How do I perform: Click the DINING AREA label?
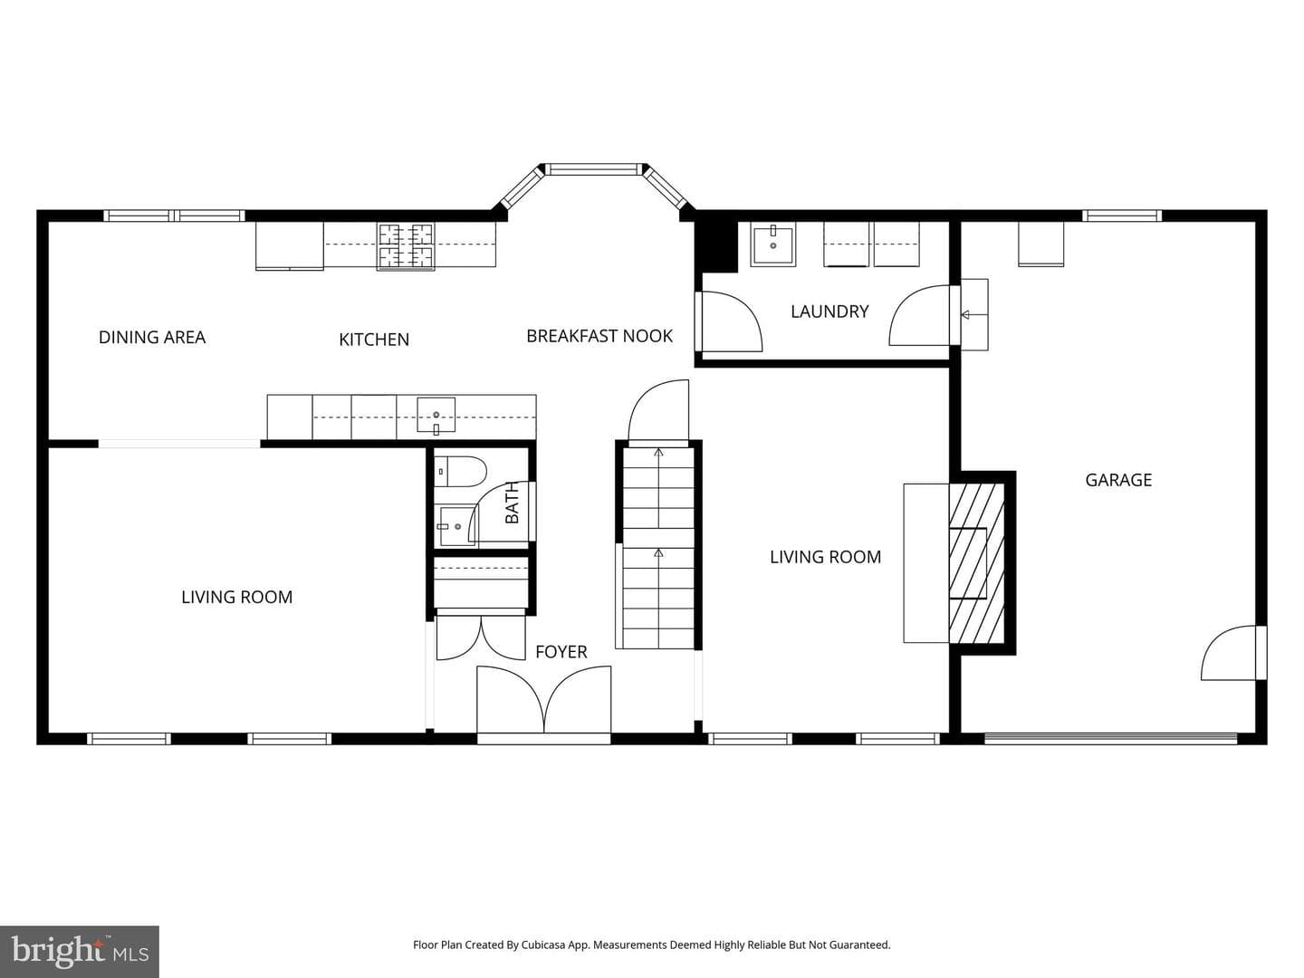pyautogui.click(x=152, y=337)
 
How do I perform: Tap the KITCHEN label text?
pyautogui.click(x=374, y=340)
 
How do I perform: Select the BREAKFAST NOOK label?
pyautogui.click(x=599, y=336)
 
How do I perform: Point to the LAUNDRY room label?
pyautogui.click(x=829, y=312)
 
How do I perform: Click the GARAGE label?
pyautogui.click(x=1118, y=480)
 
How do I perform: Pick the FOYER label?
pyautogui.click(x=561, y=652)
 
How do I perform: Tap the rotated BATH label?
pyautogui.click(x=512, y=503)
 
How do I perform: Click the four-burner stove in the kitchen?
pyautogui.click(x=406, y=245)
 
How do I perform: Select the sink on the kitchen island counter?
pyautogui.click(x=436, y=415)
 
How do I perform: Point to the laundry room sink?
pyautogui.click(x=773, y=244)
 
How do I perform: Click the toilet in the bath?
pyautogui.click(x=460, y=472)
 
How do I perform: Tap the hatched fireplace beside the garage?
pyautogui.click(x=976, y=563)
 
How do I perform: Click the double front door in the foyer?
pyautogui.click(x=543, y=700)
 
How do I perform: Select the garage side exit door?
pyautogui.click(x=1233, y=653)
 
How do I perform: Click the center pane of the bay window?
pyautogui.click(x=594, y=170)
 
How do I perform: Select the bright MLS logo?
pyautogui.click(x=80, y=952)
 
